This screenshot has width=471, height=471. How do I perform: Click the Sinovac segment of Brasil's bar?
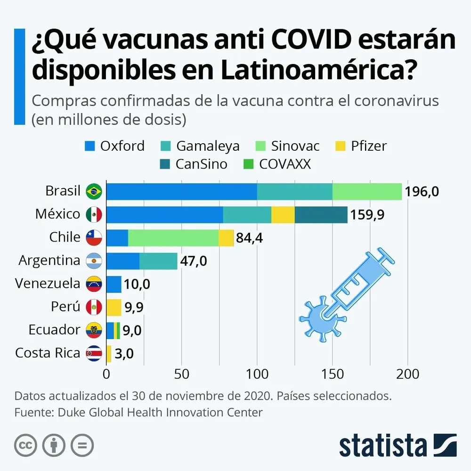pyautogui.click(x=367, y=191)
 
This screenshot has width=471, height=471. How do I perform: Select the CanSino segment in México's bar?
pyautogui.click(x=321, y=214)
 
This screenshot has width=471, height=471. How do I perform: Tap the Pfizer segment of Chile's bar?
pyautogui.click(x=226, y=237)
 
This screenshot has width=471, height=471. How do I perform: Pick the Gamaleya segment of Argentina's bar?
pyautogui.click(x=158, y=261)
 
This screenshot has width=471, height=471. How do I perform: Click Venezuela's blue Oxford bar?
pyautogui.click(x=114, y=284)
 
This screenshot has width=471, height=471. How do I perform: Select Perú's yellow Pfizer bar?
pyautogui.click(x=114, y=307)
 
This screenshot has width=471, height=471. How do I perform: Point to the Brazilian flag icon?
pyautogui.click(x=94, y=191)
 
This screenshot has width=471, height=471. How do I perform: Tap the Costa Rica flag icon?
pyautogui.click(x=94, y=354)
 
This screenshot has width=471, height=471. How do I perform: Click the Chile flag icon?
pyautogui.click(x=94, y=237)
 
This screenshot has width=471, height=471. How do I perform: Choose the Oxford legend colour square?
pyautogui.click(x=90, y=146)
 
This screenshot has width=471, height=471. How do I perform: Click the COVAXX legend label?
pyautogui.click(x=285, y=164)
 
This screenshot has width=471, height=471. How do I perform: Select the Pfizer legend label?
pyautogui.click(x=369, y=146)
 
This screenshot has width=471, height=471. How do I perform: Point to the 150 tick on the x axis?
pyautogui.click(x=332, y=374)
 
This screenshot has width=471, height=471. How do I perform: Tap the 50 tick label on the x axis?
pyautogui.click(x=182, y=374)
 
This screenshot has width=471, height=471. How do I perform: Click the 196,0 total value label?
pyautogui.click(x=422, y=191)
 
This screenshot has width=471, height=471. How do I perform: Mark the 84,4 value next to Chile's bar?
pyautogui.click(x=249, y=238)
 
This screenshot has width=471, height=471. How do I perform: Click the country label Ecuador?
pyautogui.click(x=54, y=330)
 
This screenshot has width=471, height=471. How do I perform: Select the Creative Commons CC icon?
pyautogui.click(x=25, y=445)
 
